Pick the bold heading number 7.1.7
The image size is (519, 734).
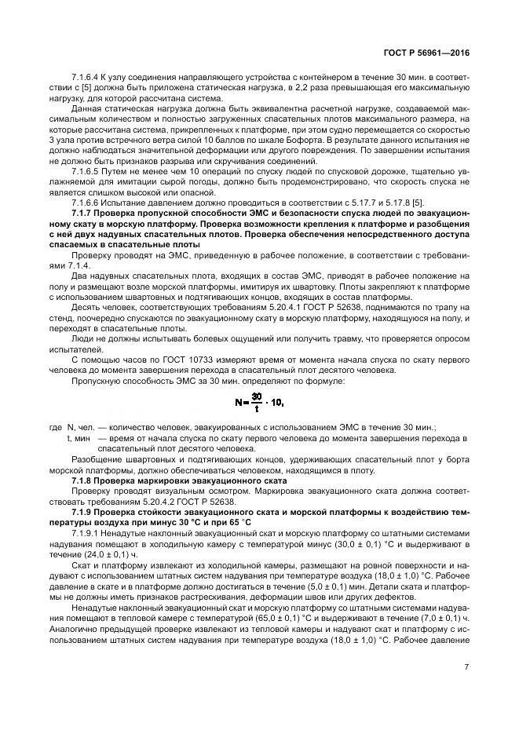pos(83,212)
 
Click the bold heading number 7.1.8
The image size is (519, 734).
pos(83,479)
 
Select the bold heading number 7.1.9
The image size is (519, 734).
pos(83,512)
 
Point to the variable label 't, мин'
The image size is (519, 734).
pos(80,436)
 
